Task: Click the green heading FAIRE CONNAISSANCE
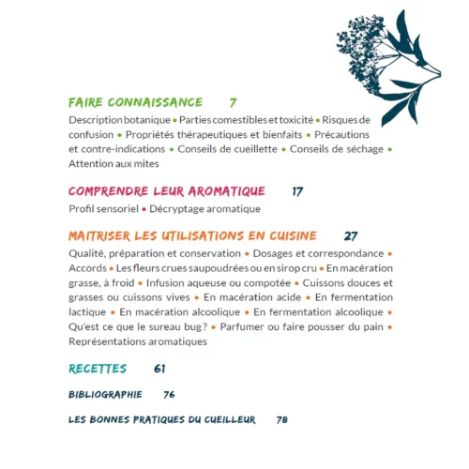pyautogui.click(x=135, y=102)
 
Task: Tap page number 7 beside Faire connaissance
pyautogui.click(x=233, y=102)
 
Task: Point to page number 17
pyautogui.click(x=297, y=190)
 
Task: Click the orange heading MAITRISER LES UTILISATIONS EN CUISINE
pyautogui.click(x=192, y=235)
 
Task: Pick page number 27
pyautogui.click(x=352, y=235)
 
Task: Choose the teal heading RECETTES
pyautogui.click(x=98, y=368)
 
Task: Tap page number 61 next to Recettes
pyautogui.click(x=159, y=368)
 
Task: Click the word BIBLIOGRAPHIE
pyautogui.click(x=105, y=395)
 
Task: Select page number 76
pyautogui.click(x=169, y=395)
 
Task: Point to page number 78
pyautogui.click(x=281, y=419)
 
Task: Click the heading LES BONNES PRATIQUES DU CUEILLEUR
pyautogui.click(x=162, y=419)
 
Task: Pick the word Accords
pyautogui.click(x=88, y=268)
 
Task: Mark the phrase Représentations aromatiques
pyautogui.click(x=138, y=341)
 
